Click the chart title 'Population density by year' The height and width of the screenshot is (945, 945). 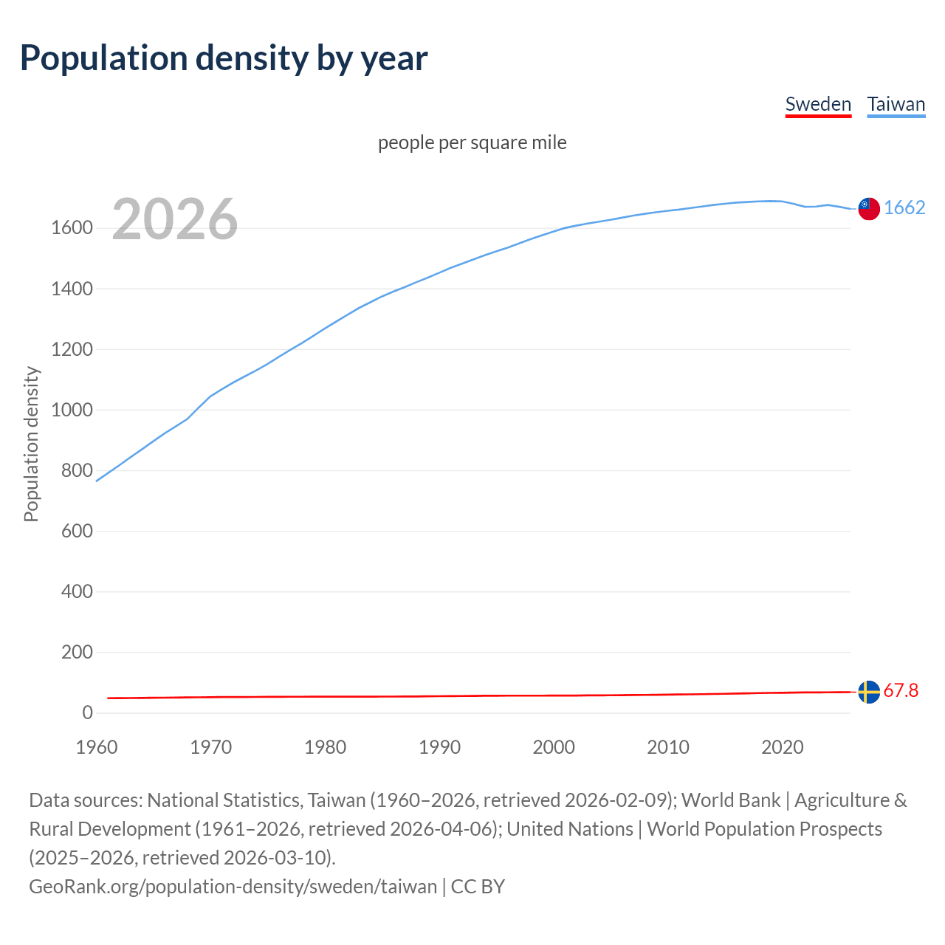click(x=223, y=58)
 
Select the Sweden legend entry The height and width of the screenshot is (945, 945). click(x=818, y=104)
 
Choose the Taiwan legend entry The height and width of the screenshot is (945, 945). click(x=896, y=104)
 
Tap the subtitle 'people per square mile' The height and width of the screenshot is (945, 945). click(x=472, y=142)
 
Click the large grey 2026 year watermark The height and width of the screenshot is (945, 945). click(x=175, y=219)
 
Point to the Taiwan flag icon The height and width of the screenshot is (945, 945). click(x=869, y=209)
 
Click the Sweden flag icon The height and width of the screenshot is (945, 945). click(x=869, y=692)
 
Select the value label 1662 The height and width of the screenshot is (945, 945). click(x=904, y=207)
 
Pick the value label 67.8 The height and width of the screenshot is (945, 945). click(x=901, y=690)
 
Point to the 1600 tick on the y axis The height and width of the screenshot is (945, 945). click(x=72, y=228)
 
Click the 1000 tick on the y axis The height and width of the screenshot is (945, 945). click(x=72, y=410)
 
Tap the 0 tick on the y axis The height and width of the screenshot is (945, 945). click(x=87, y=712)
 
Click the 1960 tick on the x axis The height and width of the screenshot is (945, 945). click(x=97, y=747)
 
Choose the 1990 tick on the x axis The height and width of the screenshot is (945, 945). click(x=439, y=747)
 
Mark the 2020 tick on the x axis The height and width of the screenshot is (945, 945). click(x=782, y=747)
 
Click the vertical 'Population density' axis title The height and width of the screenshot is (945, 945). click(x=31, y=444)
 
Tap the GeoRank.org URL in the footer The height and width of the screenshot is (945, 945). click(x=233, y=886)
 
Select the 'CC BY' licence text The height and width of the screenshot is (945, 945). click(x=478, y=886)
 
